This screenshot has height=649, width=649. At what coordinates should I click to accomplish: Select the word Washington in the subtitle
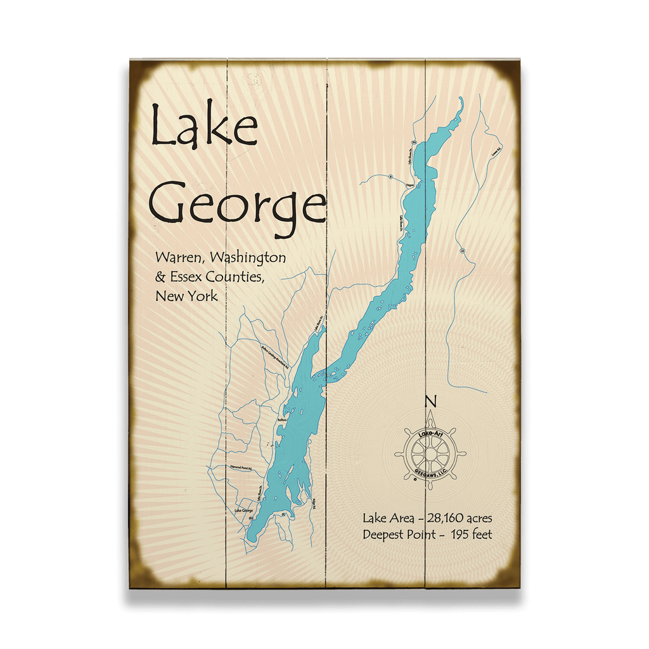[x=250, y=259]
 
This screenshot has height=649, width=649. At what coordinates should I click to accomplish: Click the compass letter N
[x=430, y=401]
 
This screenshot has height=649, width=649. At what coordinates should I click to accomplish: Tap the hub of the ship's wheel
[x=430, y=454]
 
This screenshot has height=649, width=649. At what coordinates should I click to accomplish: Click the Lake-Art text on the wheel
[x=430, y=433]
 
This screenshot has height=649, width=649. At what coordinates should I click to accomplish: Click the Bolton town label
[x=283, y=420]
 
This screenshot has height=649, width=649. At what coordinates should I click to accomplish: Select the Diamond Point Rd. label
[x=241, y=469]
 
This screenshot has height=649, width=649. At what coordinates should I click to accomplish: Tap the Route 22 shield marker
[x=463, y=251]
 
